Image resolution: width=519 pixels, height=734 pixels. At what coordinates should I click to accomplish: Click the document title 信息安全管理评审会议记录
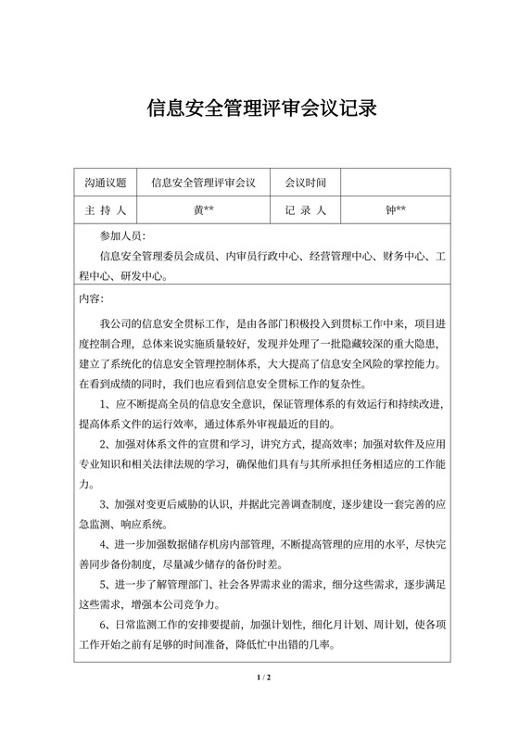click(259, 109)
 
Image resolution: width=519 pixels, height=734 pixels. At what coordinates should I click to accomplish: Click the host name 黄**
click(203, 210)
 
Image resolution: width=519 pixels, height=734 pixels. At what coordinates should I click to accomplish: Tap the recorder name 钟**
click(395, 210)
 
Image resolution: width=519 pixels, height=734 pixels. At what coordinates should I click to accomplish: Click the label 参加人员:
click(122, 236)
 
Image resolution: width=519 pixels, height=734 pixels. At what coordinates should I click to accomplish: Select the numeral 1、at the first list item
click(105, 404)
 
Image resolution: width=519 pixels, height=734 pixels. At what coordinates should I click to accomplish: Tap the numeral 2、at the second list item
click(105, 444)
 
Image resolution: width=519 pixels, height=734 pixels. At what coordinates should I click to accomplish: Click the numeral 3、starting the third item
click(105, 504)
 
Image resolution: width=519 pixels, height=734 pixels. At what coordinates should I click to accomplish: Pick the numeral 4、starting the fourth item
click(105, 544)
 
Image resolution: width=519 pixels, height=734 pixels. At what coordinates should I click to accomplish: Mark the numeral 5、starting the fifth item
click(105, 585)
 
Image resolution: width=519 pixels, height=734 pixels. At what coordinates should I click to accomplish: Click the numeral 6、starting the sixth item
click(105, 626)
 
